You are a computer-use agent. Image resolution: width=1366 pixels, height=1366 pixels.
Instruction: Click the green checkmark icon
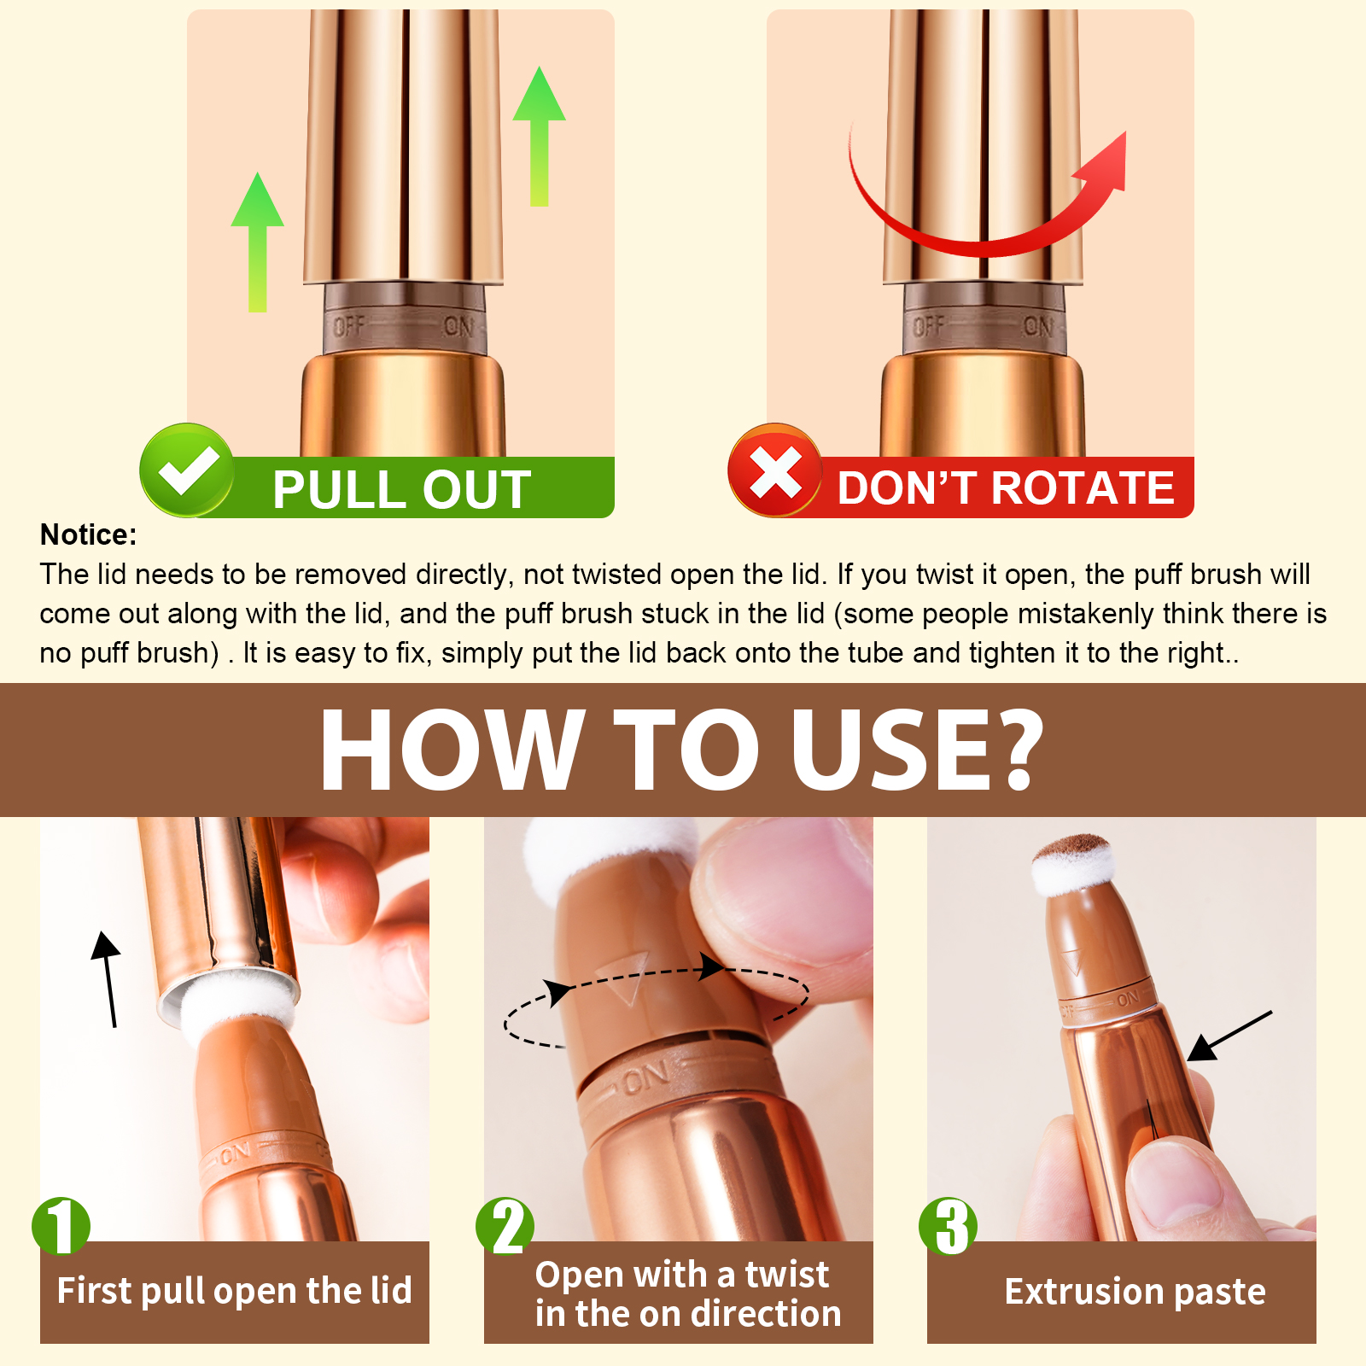click(x=186, y=470)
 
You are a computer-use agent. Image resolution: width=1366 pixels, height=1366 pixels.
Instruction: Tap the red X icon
click(x=775, y=470)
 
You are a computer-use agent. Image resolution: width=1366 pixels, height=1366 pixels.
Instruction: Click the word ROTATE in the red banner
click(x=1083, y=488)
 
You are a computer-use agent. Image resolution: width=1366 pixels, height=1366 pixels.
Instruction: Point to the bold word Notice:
click(x=89, y=534)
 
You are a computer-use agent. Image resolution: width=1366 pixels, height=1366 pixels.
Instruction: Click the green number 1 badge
click(x=61, y=1226)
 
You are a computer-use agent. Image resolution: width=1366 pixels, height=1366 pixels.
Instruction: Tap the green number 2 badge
click(x=505, y=1226)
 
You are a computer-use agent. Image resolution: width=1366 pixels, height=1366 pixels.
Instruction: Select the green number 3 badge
click(x=949, y=1226)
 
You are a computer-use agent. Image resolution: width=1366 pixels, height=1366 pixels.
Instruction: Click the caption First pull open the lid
click(x=235, y=1291)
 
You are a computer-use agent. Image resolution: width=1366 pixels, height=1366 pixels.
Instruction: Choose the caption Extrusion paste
click(x=1135, y=1292)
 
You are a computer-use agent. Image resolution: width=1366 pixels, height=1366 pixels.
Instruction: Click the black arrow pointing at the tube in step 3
click(x=1230, y=1036)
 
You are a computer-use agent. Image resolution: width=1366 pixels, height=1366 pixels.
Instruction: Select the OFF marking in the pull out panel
click(x=349, y=326)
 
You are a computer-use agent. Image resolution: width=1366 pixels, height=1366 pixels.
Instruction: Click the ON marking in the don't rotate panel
click(x=1039, y=326)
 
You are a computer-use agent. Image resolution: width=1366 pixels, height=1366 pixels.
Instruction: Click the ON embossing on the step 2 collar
click(x=646, y=1079)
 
